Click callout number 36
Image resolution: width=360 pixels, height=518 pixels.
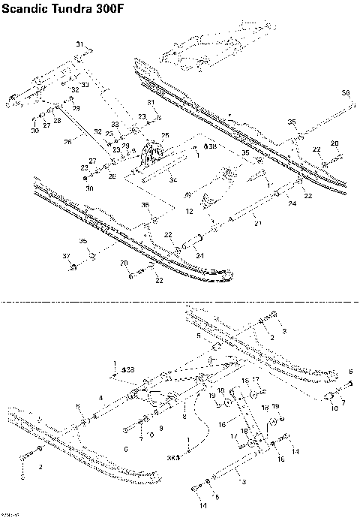point(346,92)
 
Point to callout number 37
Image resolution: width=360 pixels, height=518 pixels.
point(66,256)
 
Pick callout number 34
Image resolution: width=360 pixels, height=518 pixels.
point(172,180)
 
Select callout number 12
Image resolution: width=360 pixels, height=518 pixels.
point(190,212)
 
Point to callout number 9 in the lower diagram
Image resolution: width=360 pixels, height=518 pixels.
point(160,426)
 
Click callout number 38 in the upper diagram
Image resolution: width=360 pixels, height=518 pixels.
point(211,146)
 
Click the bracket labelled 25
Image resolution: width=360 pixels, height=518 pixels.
point(154,155)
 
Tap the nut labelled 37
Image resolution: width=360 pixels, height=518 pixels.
point(73,267)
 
